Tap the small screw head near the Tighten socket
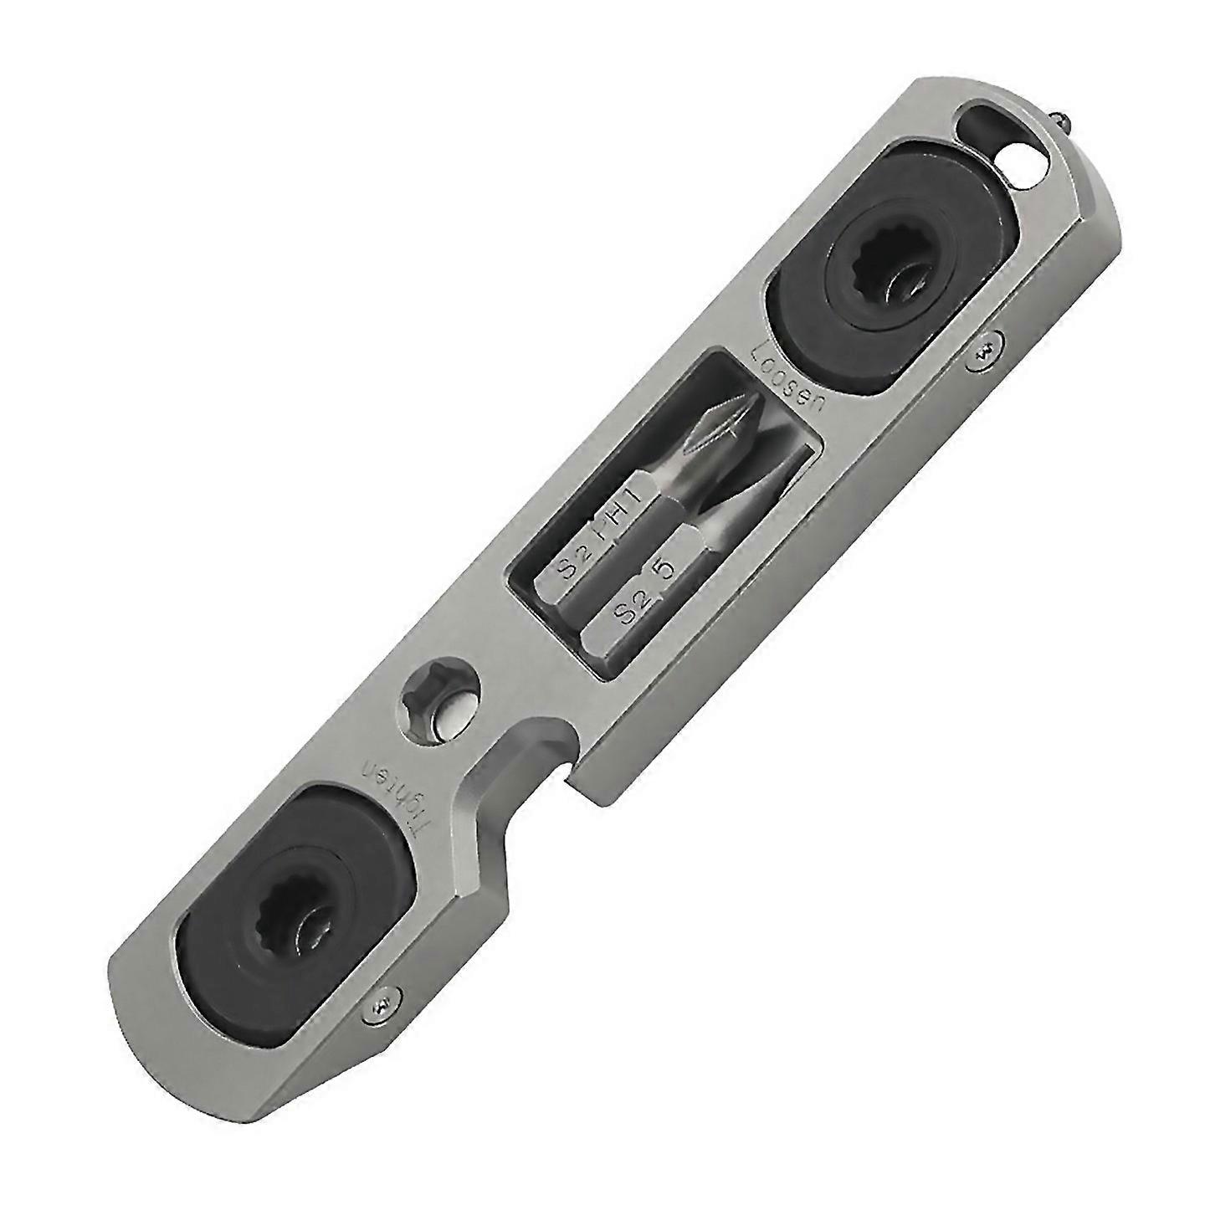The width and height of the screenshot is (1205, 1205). click(x=384, y=999)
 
